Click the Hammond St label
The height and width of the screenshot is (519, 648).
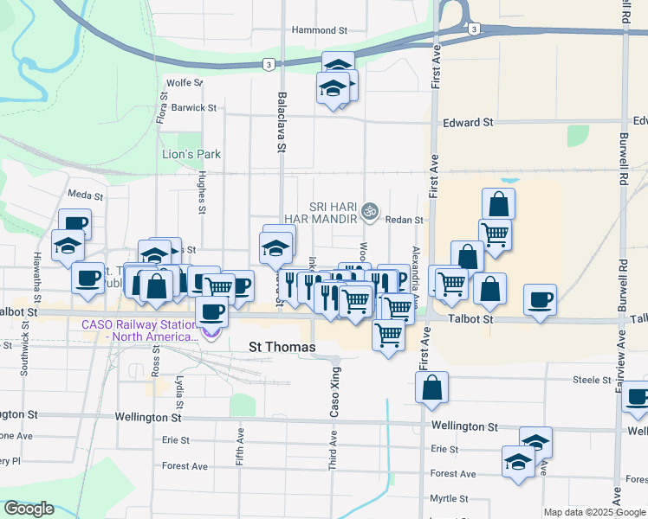tap(319, 29)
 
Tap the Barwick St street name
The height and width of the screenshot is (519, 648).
tap(194, 108)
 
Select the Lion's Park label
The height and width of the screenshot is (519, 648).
tap(191, 155)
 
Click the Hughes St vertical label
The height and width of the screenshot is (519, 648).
tap(201, 191)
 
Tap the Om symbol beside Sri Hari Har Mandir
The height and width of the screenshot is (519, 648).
tap(371, 210)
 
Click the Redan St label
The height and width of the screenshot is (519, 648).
tap(404, 221)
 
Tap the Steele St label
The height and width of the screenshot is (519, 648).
tap(593, 380)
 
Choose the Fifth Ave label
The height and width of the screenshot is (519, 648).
tap(240, 445)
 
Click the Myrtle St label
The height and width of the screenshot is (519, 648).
tap(448, 499)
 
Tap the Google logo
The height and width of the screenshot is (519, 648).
tap(29, 509)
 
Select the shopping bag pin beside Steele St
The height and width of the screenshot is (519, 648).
tap(431, 389)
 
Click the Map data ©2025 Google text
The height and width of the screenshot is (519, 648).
tap(593, 512)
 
